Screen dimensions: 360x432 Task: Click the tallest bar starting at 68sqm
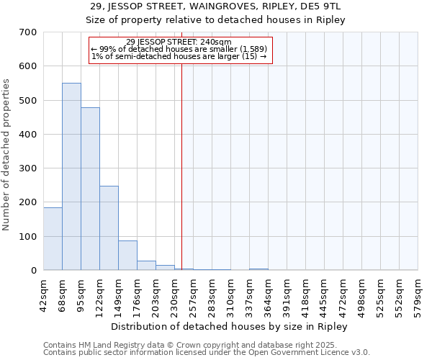point(71,176)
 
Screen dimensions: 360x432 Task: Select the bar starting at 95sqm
point(90,189)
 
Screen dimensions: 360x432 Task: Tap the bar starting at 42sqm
point(53,238)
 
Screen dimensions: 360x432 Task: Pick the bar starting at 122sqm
point(109,228)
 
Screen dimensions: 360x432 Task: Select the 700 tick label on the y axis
point(28,32)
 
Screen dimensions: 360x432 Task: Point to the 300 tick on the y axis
point(28,168)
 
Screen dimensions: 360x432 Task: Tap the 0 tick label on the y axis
point(33,271)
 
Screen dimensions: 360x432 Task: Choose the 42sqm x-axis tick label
point(43,296)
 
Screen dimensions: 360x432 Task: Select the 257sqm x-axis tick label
point(193,296)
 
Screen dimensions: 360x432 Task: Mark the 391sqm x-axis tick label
point(287,296)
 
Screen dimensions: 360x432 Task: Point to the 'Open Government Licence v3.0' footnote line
point(207,352)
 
